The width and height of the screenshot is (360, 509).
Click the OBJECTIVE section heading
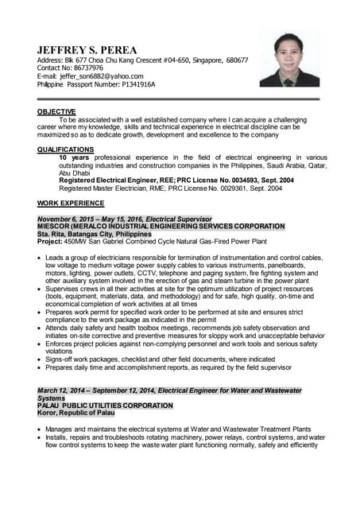pos(56,111)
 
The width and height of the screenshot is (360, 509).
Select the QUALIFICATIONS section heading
pos(65,150)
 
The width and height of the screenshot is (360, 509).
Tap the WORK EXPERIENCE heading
pos(70,204)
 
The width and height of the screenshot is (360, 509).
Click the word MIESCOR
pos(54,227)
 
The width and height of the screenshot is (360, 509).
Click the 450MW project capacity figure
pos(76,242)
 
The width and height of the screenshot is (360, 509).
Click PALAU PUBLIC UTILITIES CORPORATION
pos(105,406)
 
